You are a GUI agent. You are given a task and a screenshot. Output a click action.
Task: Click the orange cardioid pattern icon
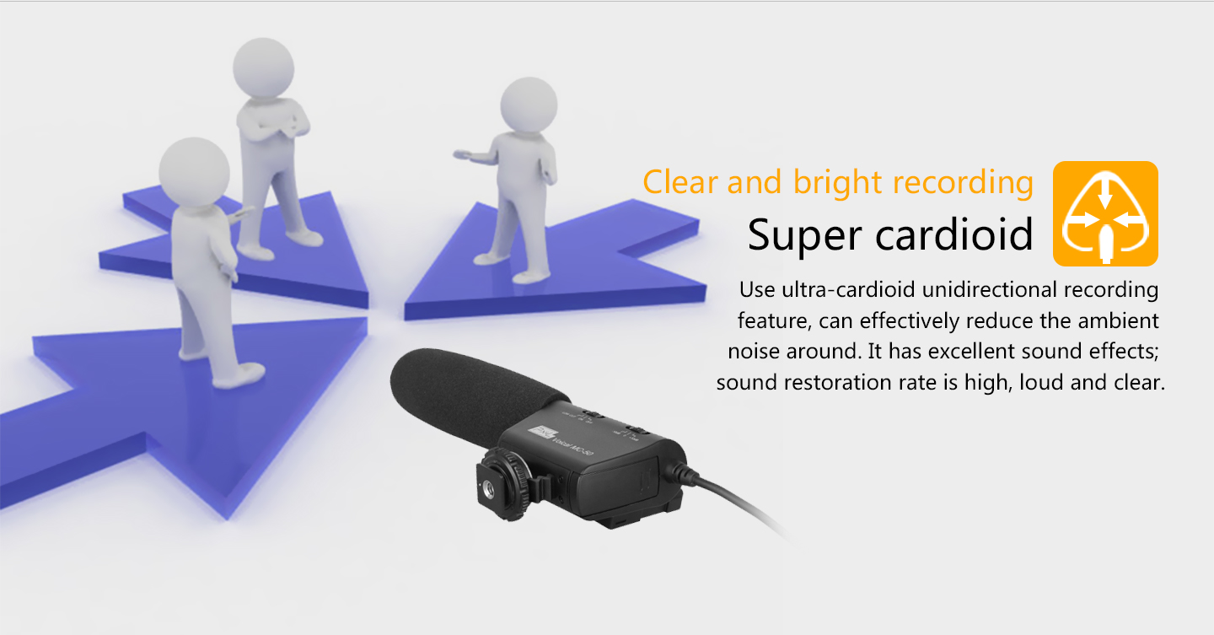[x=1105, y=213]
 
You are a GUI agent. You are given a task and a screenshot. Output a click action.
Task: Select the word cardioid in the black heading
[x=954, y=234]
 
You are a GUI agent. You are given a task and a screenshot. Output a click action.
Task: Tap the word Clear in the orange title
[x=680, y=181]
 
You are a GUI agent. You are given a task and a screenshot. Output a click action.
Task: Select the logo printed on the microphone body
[x=542, y=433]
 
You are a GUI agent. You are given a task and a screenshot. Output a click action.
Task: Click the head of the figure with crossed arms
[x=263, y=68]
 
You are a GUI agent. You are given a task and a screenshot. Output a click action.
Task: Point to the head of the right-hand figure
[x=529, y=105]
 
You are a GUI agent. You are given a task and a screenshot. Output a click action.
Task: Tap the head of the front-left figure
[x=194, y=172]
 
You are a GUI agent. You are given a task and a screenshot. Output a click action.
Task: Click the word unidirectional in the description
[x=990, y=289]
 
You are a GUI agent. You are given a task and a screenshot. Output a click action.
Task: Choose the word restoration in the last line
[x=839, y=382]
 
